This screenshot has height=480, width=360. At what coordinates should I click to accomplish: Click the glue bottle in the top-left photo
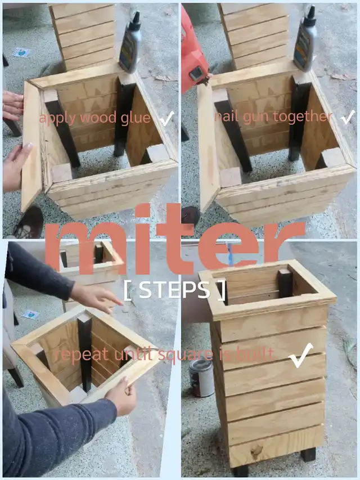pos(130,43)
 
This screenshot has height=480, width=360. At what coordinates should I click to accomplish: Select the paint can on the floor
pos(201,378)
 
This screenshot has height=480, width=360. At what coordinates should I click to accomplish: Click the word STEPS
pos(175,290)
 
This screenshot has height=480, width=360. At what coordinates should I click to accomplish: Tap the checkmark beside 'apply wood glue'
pos(167,119)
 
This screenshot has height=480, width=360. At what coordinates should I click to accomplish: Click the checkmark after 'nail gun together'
pos(348,117)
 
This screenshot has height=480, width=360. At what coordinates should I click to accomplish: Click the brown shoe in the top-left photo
pos(29,222)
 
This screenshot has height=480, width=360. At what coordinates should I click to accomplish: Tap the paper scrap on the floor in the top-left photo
pos(21,52)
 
